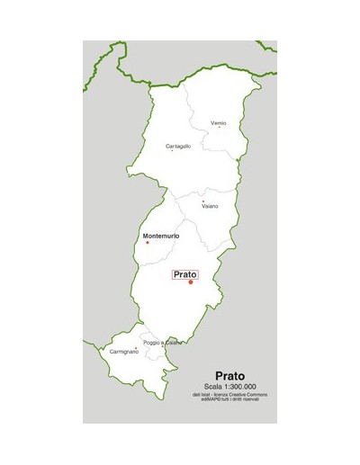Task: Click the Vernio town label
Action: tap(218, 122)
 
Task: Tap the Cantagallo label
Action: tap(178, 146)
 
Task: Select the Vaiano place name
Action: tap(210, 206)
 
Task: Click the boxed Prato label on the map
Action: tap(184, 274)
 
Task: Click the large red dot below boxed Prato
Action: tap(191, 282)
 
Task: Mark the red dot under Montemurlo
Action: tap(148, 243)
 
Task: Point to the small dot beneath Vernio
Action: tap(219, 128)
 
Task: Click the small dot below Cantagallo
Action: tap(173, 151)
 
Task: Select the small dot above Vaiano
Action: tap(204, 201)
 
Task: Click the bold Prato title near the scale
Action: tap(230, 377)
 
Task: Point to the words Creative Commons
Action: tap(250, 394)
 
